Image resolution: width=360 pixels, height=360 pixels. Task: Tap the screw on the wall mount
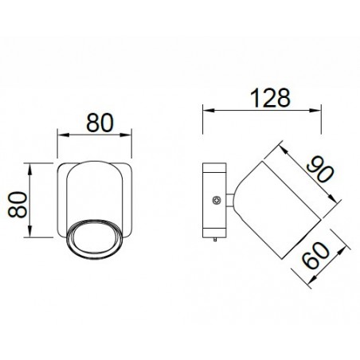click(215, 202)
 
